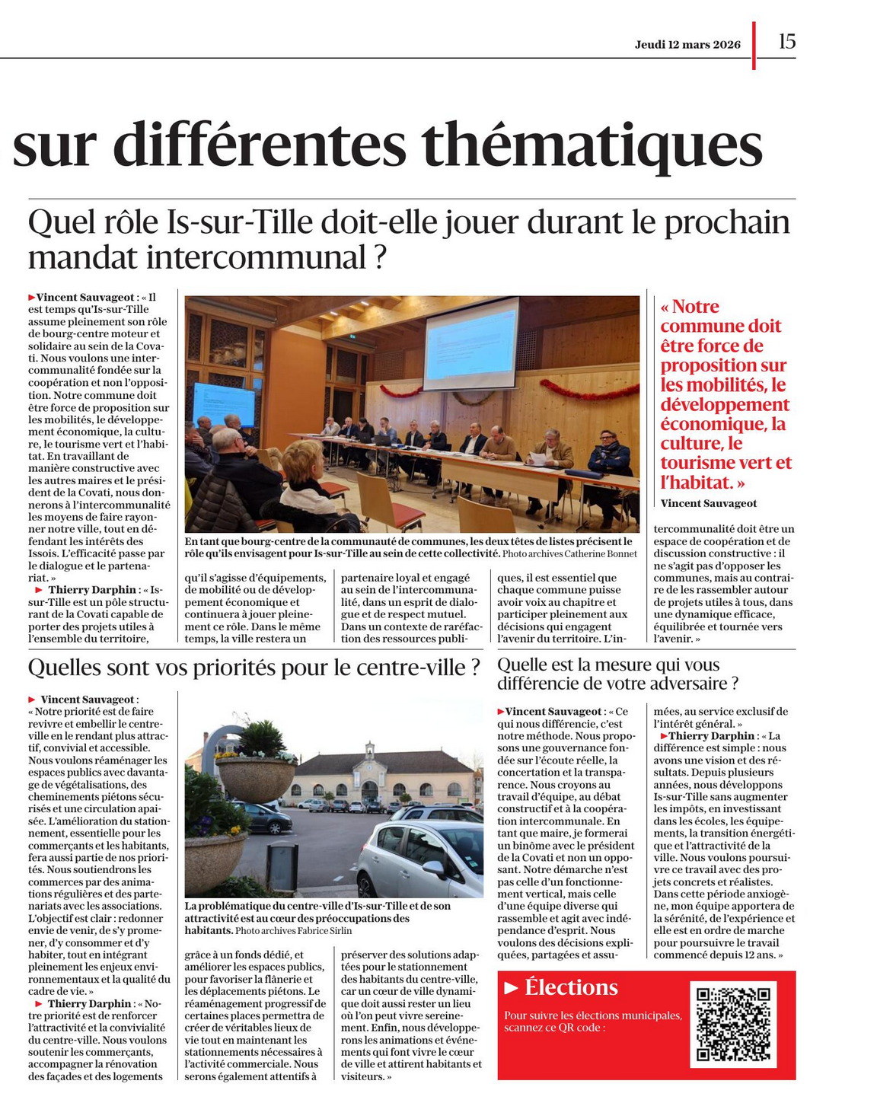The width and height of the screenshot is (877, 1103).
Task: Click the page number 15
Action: pyautogui.click(x=786, y=42)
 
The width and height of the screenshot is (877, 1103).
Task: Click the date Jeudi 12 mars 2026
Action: pyautogui.click(x=687, y=44)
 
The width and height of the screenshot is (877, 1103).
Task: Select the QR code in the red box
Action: pyautogui.click(x=733, y=1024)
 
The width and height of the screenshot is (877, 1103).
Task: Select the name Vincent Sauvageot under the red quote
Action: pyautogui.click(x=708, y=503)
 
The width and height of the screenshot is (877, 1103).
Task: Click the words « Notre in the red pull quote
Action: pyautogui.click(x=690, y=307)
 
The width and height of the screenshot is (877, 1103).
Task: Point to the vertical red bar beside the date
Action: pyautogui.click(x=754, y=46)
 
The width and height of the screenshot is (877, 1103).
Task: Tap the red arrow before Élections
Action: pyautogui.click(x=512, y=988)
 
